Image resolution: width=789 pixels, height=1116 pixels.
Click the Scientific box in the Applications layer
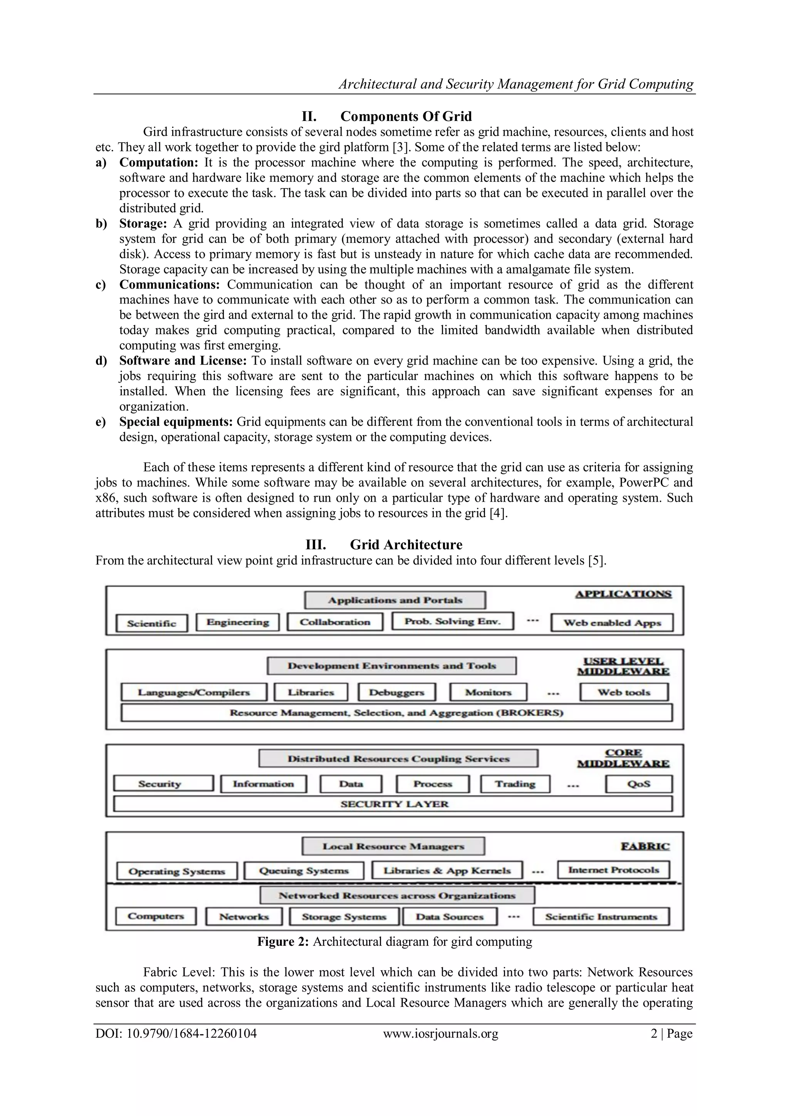(x=151, y=623)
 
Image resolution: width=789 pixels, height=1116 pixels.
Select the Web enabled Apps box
(x=612, y=623)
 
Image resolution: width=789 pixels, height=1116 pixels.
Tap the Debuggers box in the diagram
(x=396, y=692)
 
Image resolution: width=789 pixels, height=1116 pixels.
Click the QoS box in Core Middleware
(x=638, y=784)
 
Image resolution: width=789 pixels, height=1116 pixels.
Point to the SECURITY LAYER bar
(x=393, y=804)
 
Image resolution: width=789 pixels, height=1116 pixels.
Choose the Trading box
(x=515, y=784)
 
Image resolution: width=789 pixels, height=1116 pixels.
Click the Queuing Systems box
(x=304, y=871)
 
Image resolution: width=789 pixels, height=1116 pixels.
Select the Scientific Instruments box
(x=601, y=917)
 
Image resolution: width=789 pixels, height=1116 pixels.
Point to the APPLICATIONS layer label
(x=623, y=594)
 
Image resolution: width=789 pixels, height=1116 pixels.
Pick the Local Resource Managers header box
(x=393, y=846)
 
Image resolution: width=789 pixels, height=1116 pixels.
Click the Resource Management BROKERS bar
(x=396, y=713)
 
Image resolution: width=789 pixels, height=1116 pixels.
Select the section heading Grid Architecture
(x=406, y=545)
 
